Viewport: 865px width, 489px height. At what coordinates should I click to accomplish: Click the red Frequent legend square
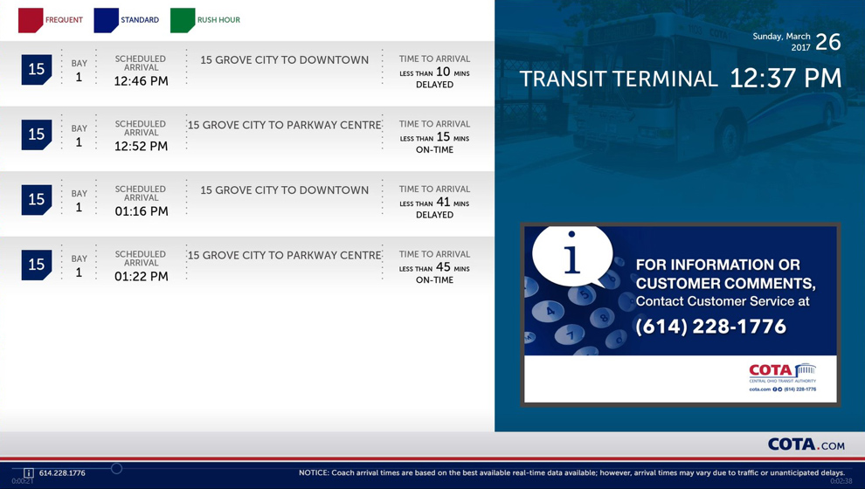(x=31, y=20)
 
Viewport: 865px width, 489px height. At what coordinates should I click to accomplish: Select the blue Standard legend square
(x=106, y=20)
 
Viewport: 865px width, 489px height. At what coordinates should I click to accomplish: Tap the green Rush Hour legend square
(x=183, y=20)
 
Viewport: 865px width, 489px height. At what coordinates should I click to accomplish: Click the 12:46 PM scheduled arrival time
(x=142, y=81)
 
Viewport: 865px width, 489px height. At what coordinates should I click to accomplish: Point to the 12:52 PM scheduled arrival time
(x=142, y=146)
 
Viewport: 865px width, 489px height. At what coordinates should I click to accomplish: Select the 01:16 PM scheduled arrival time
(x=142, y=211)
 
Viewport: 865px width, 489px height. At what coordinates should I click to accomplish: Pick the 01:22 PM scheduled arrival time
(x=142, y=276)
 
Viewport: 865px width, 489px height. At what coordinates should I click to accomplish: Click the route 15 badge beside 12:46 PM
(x=37, y=69)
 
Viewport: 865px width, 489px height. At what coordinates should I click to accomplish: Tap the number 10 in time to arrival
(x=443, y=72)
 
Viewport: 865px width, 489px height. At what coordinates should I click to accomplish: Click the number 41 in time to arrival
(x=443, y=202)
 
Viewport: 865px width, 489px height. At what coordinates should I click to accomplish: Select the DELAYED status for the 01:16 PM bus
(x=435, y=215)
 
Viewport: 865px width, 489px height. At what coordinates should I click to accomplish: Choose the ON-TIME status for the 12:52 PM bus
(x=435, y=150)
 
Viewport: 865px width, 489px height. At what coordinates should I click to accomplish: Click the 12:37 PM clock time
(x=785, y=79)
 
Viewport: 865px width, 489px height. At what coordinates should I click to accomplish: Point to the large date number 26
(x=828, y=42)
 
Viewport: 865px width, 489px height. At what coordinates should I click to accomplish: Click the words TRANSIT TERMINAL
(x=619, y=79)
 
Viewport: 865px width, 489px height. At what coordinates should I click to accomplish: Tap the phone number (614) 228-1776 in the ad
(x=711, y=327)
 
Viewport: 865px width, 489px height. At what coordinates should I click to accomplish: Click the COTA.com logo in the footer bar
(x=806, y=444)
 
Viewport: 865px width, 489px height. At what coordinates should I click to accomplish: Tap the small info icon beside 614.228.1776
(x=29, y=473)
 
